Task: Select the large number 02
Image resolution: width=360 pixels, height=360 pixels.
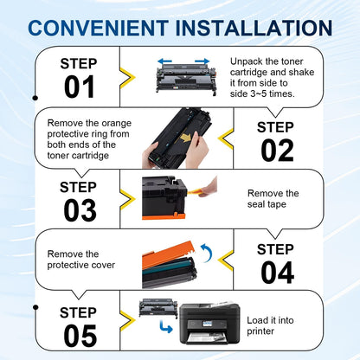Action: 278,149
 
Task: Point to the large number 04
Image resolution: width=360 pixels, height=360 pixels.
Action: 278,272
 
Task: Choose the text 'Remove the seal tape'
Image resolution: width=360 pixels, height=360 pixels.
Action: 273,200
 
